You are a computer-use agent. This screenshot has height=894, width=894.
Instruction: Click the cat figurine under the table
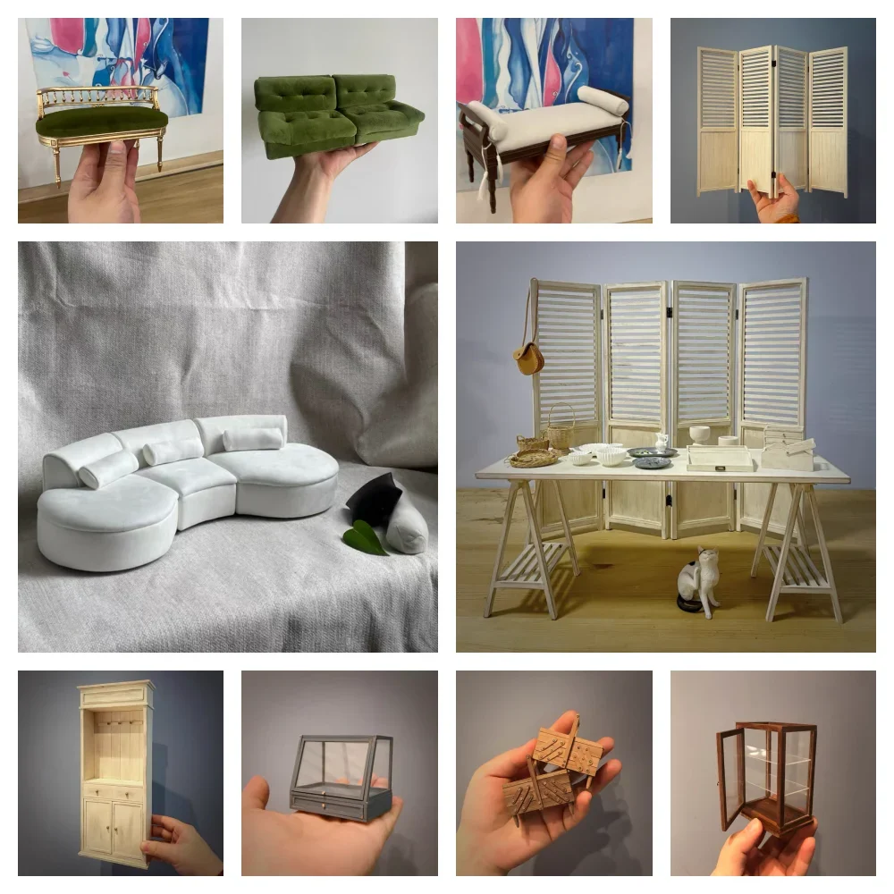point(698,581)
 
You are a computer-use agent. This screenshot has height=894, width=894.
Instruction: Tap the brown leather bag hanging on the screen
point(528,358)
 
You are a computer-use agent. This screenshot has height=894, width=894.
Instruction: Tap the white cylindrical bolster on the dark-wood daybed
point(603,100)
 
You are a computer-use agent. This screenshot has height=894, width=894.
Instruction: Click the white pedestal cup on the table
point(699,434)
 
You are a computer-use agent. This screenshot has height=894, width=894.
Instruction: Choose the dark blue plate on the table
point(652,462)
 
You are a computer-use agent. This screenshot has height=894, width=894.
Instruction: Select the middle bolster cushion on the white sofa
point(173,451)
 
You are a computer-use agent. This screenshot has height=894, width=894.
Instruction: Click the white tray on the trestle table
point(720,459)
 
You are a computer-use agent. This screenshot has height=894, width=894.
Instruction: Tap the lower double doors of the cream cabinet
point(114,826)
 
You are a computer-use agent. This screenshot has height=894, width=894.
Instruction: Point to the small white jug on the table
point(662,441)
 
